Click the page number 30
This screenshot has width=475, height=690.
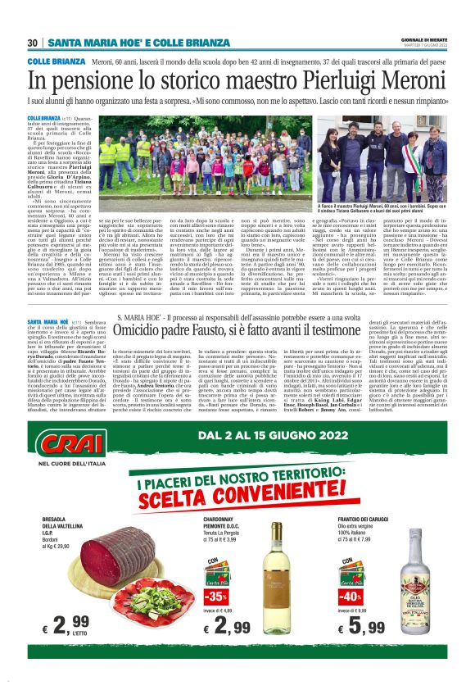[33, 42]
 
